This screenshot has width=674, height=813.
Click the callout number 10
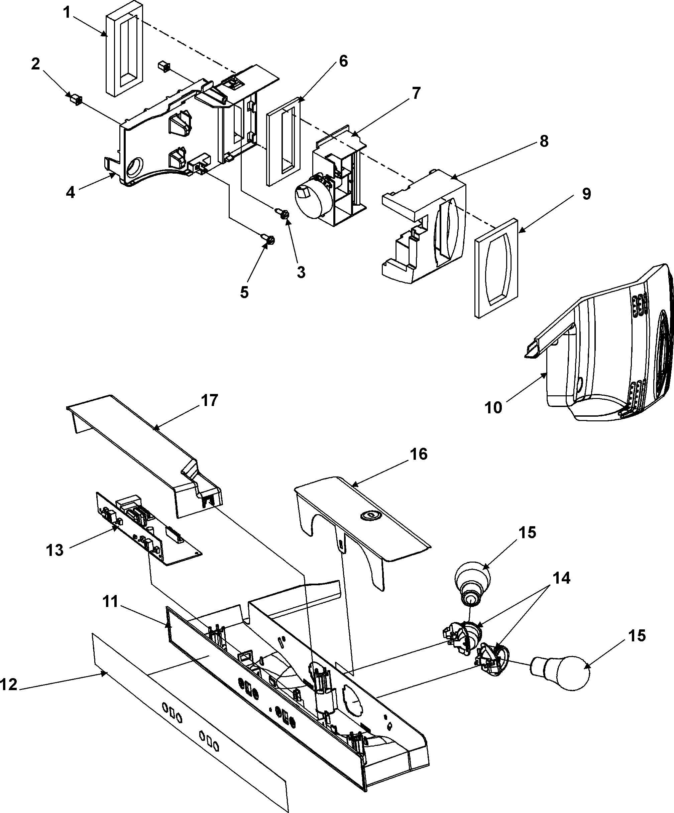493,407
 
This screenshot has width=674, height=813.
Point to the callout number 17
210,400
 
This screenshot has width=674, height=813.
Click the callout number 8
544,142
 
